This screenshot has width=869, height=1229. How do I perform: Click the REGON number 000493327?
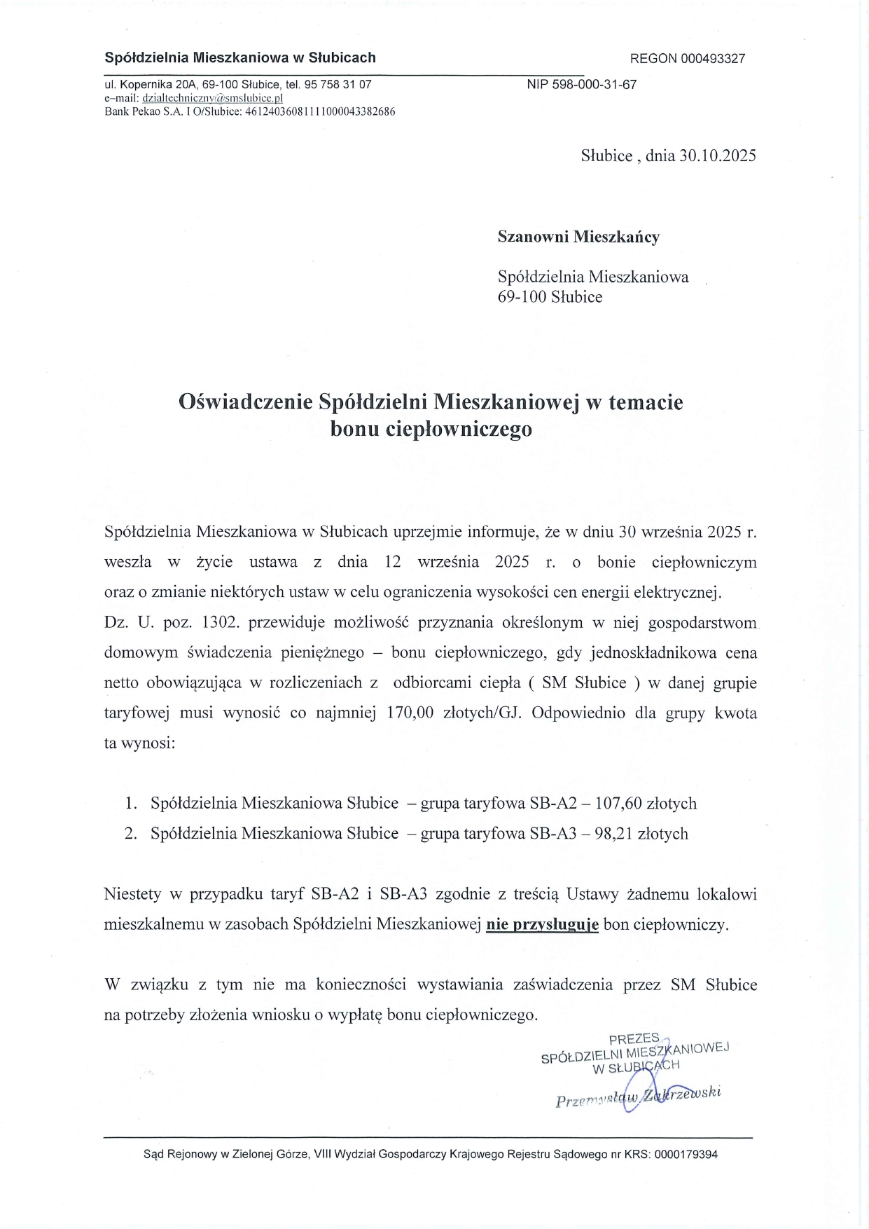713,59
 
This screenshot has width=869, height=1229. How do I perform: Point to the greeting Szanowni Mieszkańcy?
578,237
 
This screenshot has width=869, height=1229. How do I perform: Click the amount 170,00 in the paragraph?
411,713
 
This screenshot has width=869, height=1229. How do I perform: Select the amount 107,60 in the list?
619,803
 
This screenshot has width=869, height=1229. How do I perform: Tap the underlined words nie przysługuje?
543,925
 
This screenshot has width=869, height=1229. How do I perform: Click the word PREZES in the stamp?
634,1040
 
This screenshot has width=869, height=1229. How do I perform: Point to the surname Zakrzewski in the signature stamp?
683,1095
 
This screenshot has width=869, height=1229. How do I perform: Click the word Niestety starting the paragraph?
133,894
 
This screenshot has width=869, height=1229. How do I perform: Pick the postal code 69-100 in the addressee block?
522,296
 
